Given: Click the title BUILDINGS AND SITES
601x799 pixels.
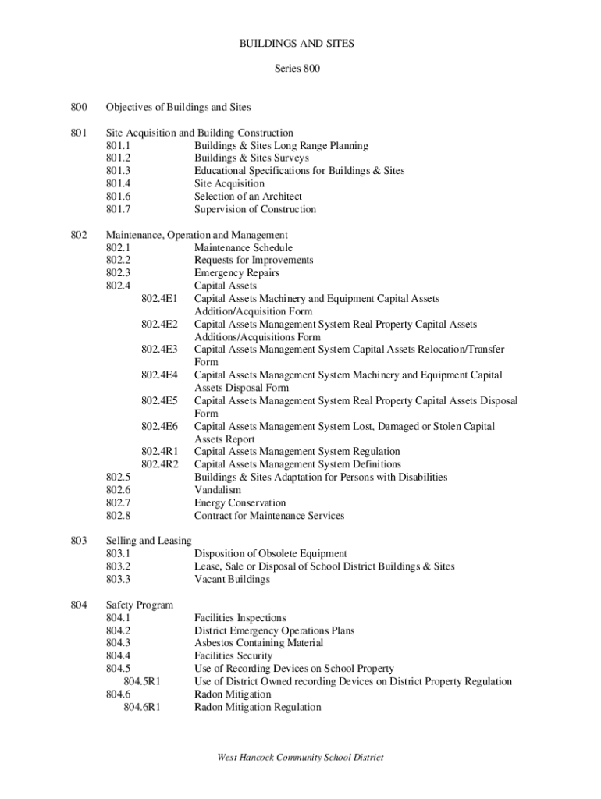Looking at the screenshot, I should pos(297,44).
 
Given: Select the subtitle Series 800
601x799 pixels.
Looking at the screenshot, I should pos(297,69).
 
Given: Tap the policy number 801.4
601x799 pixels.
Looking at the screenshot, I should pos(119,184).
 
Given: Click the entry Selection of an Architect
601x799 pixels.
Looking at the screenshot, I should pos(247,197).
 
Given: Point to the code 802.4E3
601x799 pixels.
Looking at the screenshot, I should pos(159,350).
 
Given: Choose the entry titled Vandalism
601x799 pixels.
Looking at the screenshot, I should pos(218,490).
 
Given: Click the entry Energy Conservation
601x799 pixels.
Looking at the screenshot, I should pos(240,503).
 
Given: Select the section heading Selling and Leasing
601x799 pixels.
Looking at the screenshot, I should pos(148,541).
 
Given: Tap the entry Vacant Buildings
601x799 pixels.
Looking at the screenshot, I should pos(232,580).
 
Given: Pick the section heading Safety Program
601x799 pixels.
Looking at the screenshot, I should pos(140,605).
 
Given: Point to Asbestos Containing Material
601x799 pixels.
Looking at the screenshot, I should pos(258,643).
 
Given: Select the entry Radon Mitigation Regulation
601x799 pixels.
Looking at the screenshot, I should pos(257,708).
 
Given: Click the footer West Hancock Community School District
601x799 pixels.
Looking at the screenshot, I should pos(300,758).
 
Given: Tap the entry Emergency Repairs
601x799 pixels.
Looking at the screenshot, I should pos(236,273).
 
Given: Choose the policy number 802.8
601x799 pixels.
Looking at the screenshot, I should pos(119,516).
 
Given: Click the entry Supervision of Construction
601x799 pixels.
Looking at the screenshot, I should pos(255,209).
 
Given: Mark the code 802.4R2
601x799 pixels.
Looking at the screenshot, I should pos(159,464).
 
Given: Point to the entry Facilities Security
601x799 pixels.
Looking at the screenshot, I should pos(233,656).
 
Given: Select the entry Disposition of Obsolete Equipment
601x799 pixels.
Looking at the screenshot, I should pos(270,554).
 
